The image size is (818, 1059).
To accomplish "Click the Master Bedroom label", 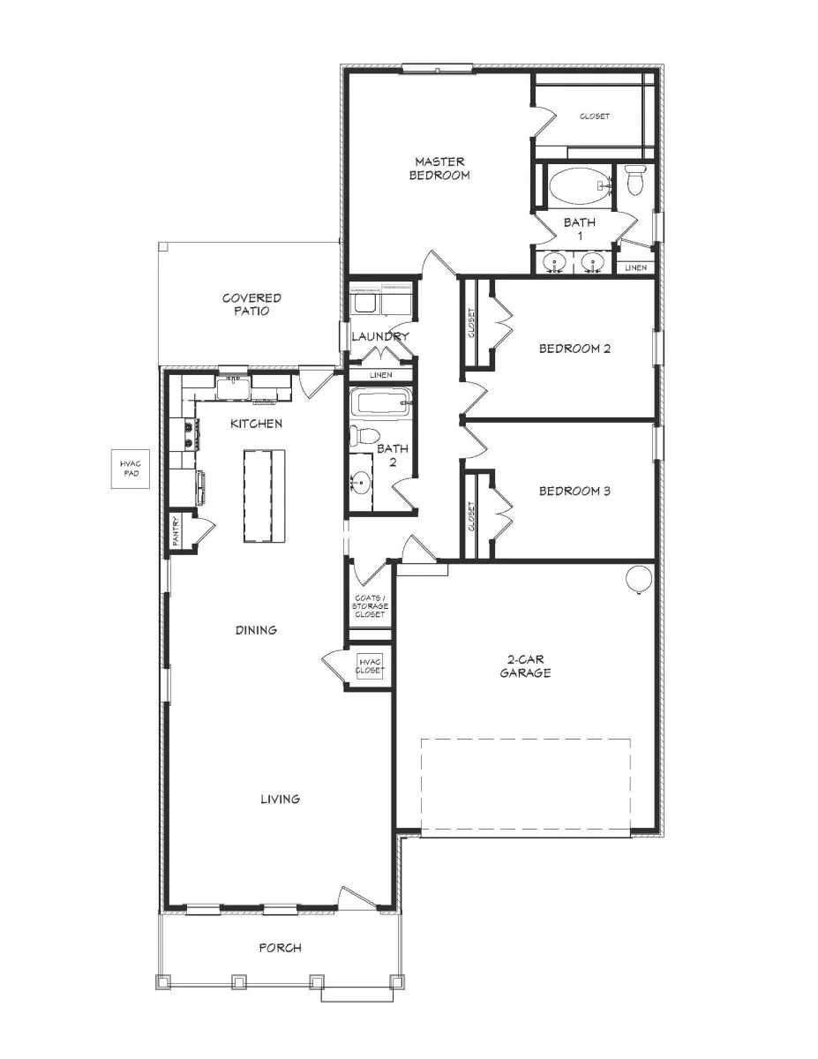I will click(x=440, y=169).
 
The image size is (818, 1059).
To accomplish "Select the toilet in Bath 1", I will click(x=634, y=181).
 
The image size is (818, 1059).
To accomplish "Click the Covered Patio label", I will click(x=251, y=304).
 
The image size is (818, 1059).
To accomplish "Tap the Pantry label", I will click(x=176, y=531).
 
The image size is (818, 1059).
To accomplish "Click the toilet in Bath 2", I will click(x=363, y=435).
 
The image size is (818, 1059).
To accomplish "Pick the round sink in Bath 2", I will click(x=362, y=484).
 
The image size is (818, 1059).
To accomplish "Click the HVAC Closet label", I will click(x=370, y=665).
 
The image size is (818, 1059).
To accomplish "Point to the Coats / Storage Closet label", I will click(x=370, y=605).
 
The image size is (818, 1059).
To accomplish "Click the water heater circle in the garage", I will click(x=639, y=578).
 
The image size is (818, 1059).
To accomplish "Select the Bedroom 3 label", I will click(x=574, y=492).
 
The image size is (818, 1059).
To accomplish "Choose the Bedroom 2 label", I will click(x=574, y=349).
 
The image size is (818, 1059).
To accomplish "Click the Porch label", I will click(x=280, y=948).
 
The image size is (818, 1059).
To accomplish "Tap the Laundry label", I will click(x=379, y=336).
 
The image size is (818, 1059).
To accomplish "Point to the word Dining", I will click(x=256, y=630).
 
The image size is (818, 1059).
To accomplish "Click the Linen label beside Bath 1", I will click(x=635, y=267).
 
